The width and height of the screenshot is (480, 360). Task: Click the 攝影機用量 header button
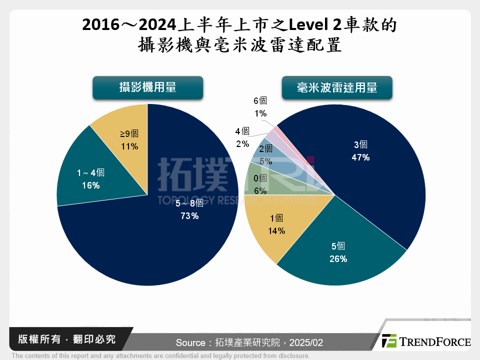tap(147, 87)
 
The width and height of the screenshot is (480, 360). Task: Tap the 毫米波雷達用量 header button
tap(337, 88)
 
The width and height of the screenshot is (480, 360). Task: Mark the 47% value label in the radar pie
tap(360, 157)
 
